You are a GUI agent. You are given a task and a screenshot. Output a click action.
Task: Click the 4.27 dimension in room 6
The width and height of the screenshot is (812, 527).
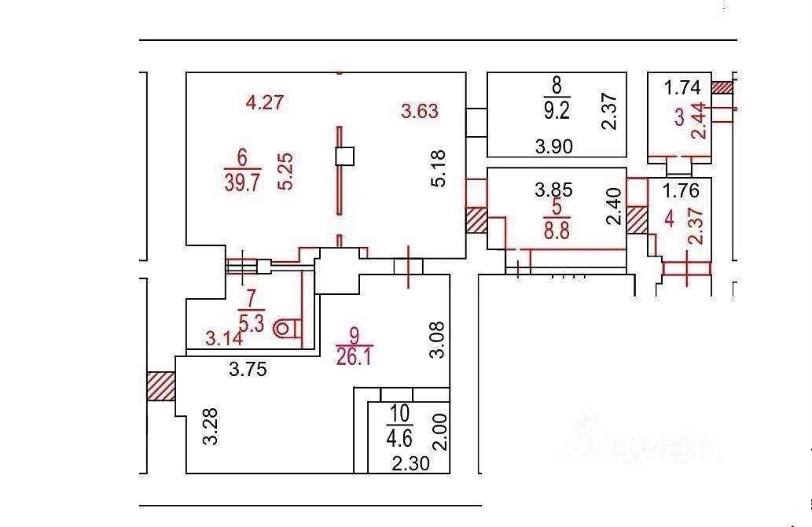tap(264, 101)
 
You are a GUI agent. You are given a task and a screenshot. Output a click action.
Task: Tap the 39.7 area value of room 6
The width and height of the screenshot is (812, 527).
tap(242, 183)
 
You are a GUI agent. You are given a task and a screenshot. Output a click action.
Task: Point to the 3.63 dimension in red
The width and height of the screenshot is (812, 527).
tap(420, 111)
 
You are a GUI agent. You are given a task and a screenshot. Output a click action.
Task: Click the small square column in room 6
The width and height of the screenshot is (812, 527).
tap(344, 157)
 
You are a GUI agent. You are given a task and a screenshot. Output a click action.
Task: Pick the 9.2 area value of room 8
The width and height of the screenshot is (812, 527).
tap(557, 111)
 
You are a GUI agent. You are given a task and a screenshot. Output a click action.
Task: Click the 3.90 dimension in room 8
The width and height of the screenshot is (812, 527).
tap(554, 146)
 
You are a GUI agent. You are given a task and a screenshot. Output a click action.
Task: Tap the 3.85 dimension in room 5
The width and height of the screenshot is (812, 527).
tap(554, 190)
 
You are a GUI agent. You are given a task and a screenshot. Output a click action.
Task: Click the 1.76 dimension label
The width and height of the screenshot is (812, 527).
tap(681, 190)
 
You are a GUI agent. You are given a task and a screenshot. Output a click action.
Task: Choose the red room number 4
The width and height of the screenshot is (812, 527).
tap(669, 219)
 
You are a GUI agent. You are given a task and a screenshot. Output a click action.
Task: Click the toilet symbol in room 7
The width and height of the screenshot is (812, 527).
tap(286, 327)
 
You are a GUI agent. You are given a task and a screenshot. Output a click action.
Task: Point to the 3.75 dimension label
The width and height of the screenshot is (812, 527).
tap(248, 370)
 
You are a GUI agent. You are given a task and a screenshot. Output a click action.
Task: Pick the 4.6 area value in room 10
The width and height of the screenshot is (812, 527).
tap(399, 436)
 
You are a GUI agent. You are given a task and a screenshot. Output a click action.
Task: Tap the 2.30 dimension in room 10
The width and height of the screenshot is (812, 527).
tap(410, 464)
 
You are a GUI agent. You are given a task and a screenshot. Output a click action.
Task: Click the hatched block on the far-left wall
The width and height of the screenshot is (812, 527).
tap(160, 386)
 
